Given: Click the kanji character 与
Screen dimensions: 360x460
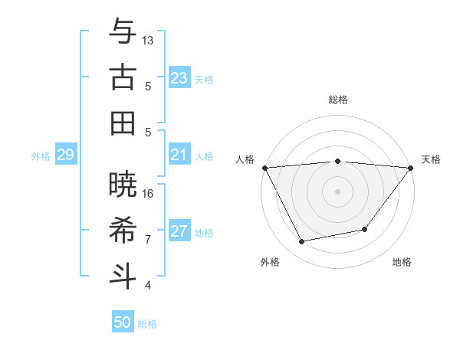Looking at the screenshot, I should click(x=123, y=31).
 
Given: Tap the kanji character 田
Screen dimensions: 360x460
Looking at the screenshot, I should click(x=123, y=123).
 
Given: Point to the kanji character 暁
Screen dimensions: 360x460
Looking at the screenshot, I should click(x=123, y=185).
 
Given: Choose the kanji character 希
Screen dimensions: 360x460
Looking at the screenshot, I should click(x=123, y=231).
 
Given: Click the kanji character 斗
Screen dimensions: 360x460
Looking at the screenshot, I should click(x=123, y=277).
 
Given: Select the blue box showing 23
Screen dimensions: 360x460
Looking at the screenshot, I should click(x=179, y=78).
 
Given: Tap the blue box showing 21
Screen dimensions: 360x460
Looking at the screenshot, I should click(x=179, y=155).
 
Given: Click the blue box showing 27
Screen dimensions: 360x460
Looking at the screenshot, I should click(x=179, y=231).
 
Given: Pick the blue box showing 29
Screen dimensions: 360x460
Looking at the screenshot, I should click(x=65, y=155).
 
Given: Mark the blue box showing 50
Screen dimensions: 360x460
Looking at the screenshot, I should click(x=123, y=322).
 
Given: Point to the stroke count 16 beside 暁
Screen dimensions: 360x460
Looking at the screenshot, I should click(x=148, y=193).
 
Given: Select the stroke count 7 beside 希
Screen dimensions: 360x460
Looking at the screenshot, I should click(x=148, y=239).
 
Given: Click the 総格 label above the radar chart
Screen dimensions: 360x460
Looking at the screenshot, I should click(x=337, y=100).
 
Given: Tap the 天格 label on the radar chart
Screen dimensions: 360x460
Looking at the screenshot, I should click(x=431, y=159).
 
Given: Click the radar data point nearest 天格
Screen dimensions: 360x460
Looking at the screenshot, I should click(x=411, y=168).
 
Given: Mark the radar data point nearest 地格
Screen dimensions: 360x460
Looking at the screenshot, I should click(x=365, y=229).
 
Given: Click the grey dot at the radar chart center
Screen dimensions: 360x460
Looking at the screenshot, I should click(x=337, y=191).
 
